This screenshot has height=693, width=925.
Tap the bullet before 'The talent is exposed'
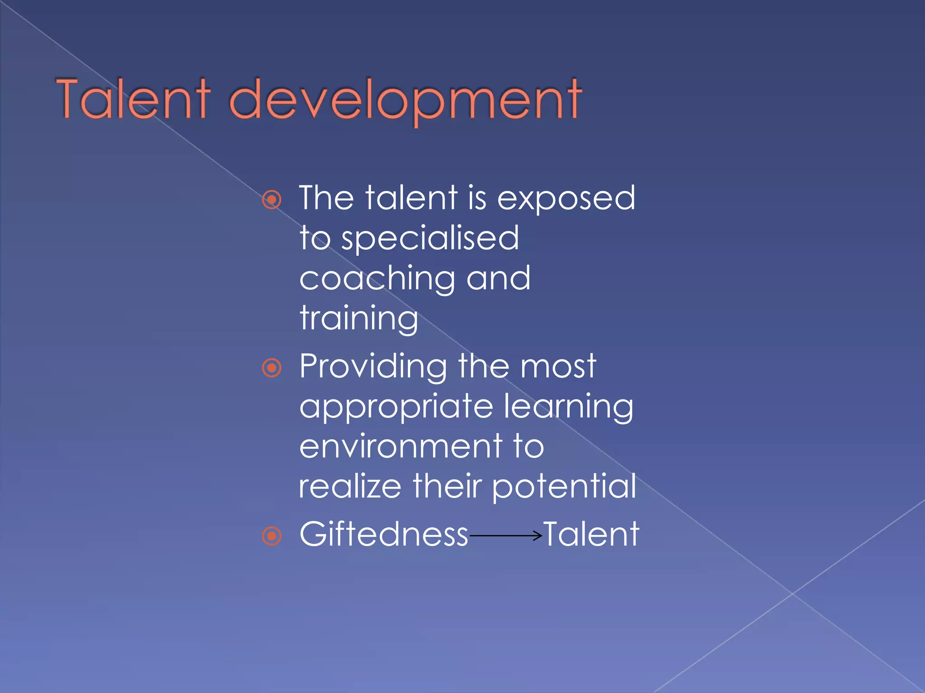[x=272, y=199]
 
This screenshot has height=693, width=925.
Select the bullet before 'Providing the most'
[x=272, y=368]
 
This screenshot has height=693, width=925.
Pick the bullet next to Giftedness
[x=272, y=536]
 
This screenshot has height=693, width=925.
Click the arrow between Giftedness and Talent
[x=505, y=536]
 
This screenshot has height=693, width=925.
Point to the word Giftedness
[x=384, y=535]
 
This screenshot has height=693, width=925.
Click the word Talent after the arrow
[x=591, y=535]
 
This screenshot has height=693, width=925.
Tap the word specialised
[x=430, y=239]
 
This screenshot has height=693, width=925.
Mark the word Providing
[x=373, y=367]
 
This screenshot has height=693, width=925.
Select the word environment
[x=401, y=447]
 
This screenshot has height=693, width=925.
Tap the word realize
[x=350, y=486]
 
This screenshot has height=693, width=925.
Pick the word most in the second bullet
[x=558, y=366]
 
